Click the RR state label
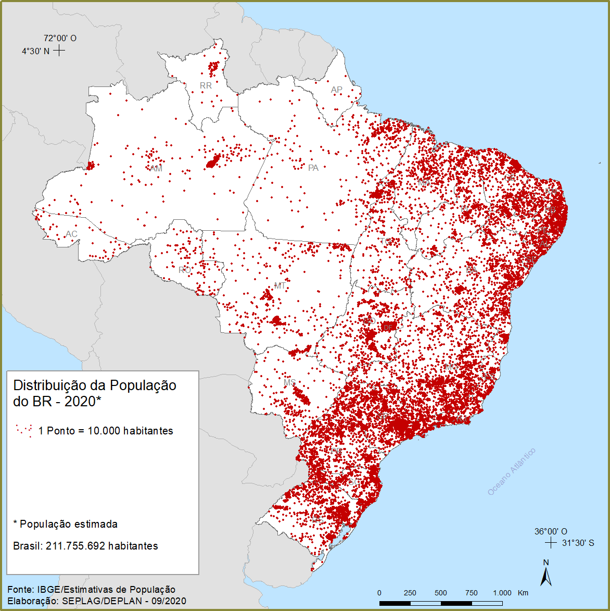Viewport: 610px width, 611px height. coord(206,85)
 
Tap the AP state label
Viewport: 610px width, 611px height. coord(337,90)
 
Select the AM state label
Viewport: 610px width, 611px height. coord(156,168)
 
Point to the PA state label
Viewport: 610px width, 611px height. coord(313,168)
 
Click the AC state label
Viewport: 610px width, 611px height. coord(71,234)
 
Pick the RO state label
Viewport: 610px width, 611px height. coord(184,270)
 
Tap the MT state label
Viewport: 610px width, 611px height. coord(280,286)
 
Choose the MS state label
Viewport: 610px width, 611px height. coord(290,383)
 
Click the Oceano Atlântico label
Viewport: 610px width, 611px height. coord(511,472)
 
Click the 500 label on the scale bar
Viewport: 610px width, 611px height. coord(441,593)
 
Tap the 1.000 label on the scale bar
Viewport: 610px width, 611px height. coord(502,593)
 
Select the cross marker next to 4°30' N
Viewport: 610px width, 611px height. coord(59,51)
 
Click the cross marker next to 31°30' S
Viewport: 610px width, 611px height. coord(550,543)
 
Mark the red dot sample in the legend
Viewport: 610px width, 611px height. coord(24,430)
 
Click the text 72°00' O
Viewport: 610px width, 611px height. coord(60,38)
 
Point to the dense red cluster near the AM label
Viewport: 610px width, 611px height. coord(212,162)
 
